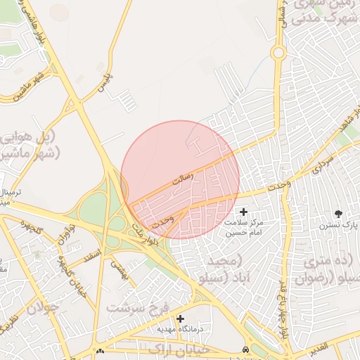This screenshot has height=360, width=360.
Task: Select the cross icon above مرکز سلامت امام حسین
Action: point(244,212)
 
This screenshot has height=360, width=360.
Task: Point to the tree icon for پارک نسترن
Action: point(339,213)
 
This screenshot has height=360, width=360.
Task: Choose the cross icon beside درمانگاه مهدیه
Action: point(181,319)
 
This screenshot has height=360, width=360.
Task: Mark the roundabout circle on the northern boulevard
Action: point(278,53)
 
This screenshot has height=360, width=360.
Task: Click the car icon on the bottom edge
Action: point(244,349)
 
